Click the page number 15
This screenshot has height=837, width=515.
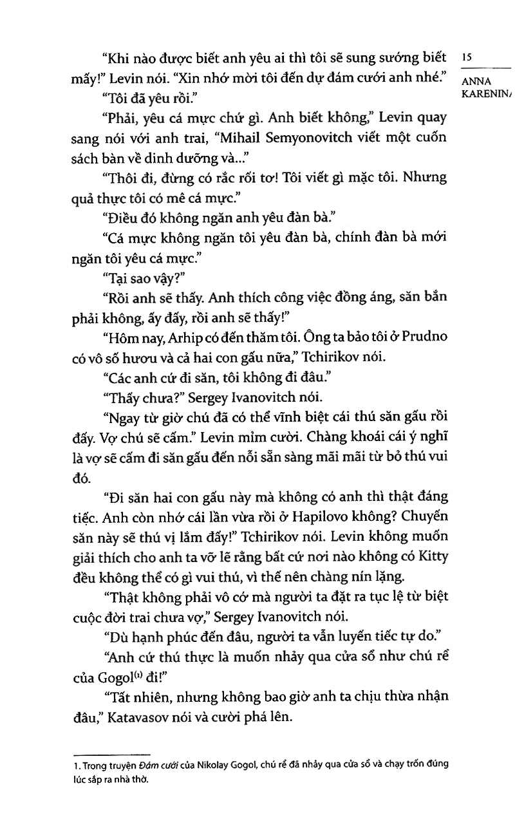point(467,58)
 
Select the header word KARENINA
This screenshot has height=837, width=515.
point(488,95)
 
